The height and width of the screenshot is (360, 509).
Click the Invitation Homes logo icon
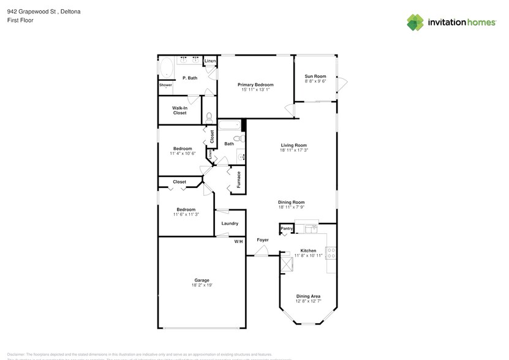415,22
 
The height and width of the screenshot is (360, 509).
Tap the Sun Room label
315,76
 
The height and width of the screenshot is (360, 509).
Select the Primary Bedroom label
255,84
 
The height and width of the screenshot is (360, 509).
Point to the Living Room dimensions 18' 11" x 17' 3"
293,150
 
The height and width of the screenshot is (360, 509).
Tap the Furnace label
238,179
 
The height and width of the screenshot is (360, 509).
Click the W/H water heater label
238,242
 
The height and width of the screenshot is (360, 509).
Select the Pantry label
286,229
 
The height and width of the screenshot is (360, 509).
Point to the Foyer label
262,239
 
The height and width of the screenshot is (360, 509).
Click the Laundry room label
230,223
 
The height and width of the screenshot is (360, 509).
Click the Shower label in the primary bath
165,85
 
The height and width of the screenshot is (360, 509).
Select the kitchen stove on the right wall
331,252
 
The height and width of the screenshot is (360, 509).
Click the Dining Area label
308,296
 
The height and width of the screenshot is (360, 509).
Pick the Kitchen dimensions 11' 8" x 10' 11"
308,255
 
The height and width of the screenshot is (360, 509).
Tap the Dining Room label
292,202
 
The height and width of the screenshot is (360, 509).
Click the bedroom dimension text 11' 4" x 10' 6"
183,153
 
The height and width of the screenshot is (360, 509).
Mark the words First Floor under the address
20,20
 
